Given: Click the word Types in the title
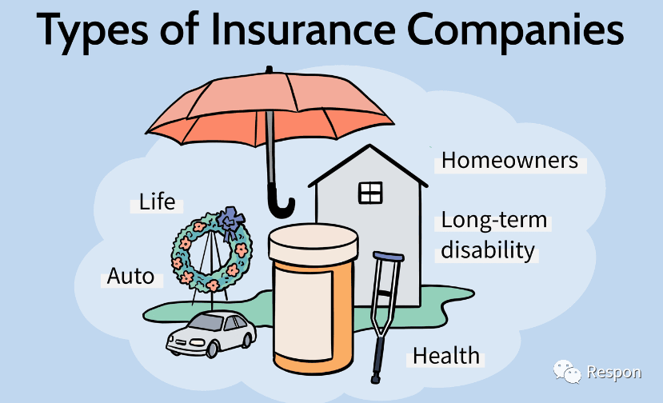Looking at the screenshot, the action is [92, 30].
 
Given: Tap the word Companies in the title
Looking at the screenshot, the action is [515, 30].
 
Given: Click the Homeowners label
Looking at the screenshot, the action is [509, 161].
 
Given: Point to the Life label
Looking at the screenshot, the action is [157, 201].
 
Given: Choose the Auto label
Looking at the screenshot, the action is [130, 277].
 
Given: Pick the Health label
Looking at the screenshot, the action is [446, 356].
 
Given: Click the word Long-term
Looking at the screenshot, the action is [494, 221].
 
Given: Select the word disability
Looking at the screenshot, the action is [488, 250].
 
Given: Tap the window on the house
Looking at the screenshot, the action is [370, 194].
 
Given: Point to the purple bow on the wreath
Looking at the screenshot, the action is [230, 223].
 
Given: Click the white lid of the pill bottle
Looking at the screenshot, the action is [314, 242].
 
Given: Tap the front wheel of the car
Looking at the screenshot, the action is [211, 349].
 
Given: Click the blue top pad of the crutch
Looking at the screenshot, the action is [389, 256].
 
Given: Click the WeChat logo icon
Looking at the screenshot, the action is [567, 372].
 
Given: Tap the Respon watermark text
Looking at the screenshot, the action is [614, 373].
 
